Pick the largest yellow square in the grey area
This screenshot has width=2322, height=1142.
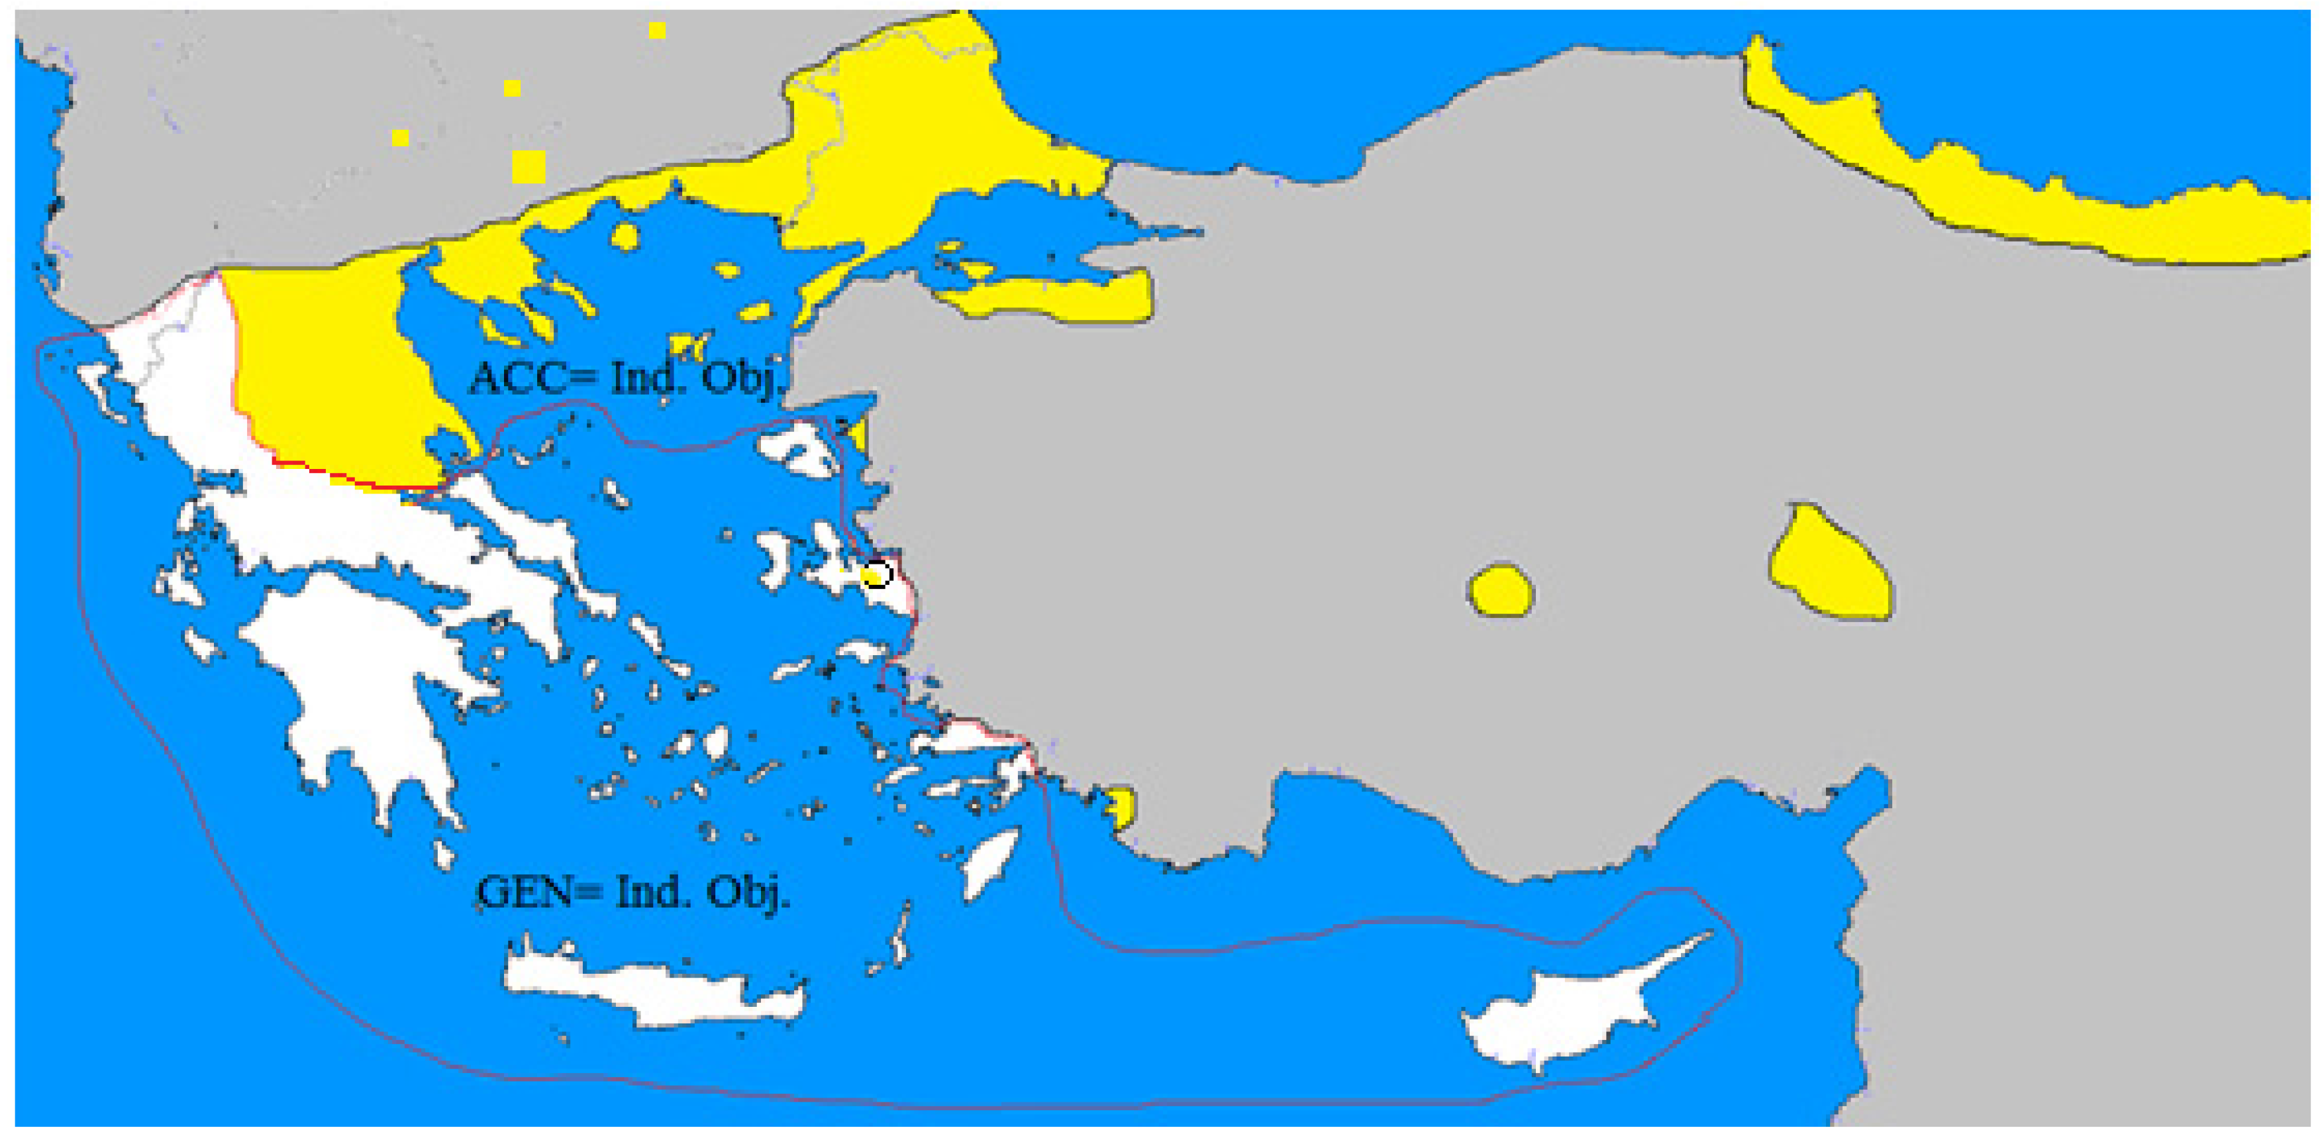tap(529, 167)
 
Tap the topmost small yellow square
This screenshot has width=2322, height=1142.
tap(657, 30)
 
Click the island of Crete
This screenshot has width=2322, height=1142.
tap(649, 992)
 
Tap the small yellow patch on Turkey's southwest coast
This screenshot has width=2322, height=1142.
tap(1121, 805)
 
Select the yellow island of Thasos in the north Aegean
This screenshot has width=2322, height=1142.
tap(624, 237)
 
